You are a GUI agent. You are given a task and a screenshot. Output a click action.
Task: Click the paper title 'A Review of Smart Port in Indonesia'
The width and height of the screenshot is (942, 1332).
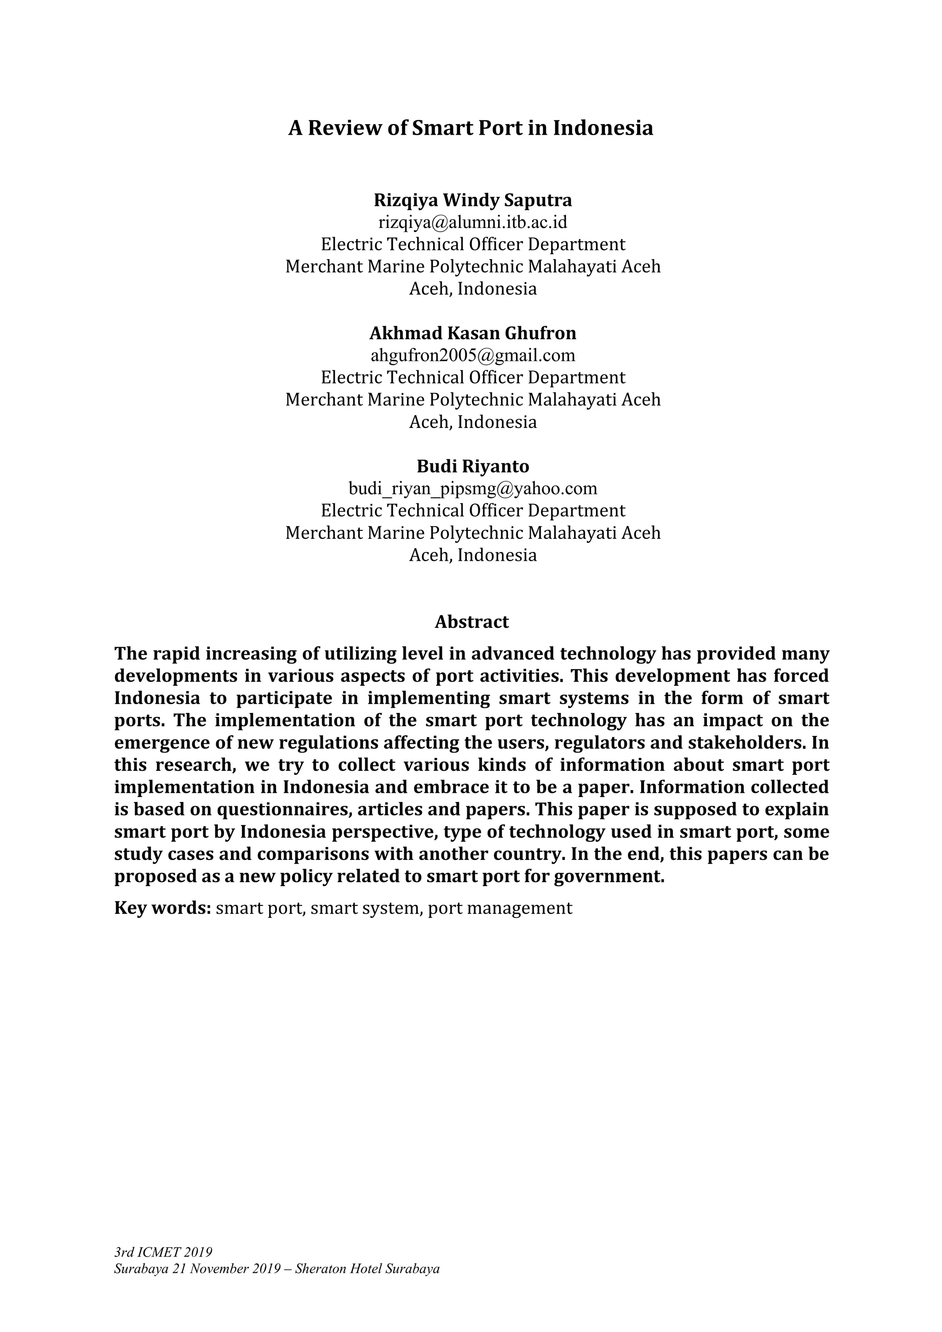[x=471, y=128]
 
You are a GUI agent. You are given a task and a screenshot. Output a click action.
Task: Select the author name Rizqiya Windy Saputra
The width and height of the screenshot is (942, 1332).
[x=472, y=200]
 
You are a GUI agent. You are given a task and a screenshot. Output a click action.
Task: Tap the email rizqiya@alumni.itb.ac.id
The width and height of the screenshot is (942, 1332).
[x=472, y=222]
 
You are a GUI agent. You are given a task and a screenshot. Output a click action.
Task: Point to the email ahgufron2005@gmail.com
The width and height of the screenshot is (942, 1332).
[x=472, y=355]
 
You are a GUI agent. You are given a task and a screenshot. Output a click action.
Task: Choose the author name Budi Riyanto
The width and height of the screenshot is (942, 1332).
[x=472, y=467]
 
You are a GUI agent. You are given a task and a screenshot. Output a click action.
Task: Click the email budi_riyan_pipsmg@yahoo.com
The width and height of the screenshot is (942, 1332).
[x=472, y=489]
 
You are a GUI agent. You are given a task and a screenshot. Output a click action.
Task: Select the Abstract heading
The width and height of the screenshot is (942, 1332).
[x=471, y=622]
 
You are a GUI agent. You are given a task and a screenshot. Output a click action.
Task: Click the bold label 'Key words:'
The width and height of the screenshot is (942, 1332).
[x=162, y=908]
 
